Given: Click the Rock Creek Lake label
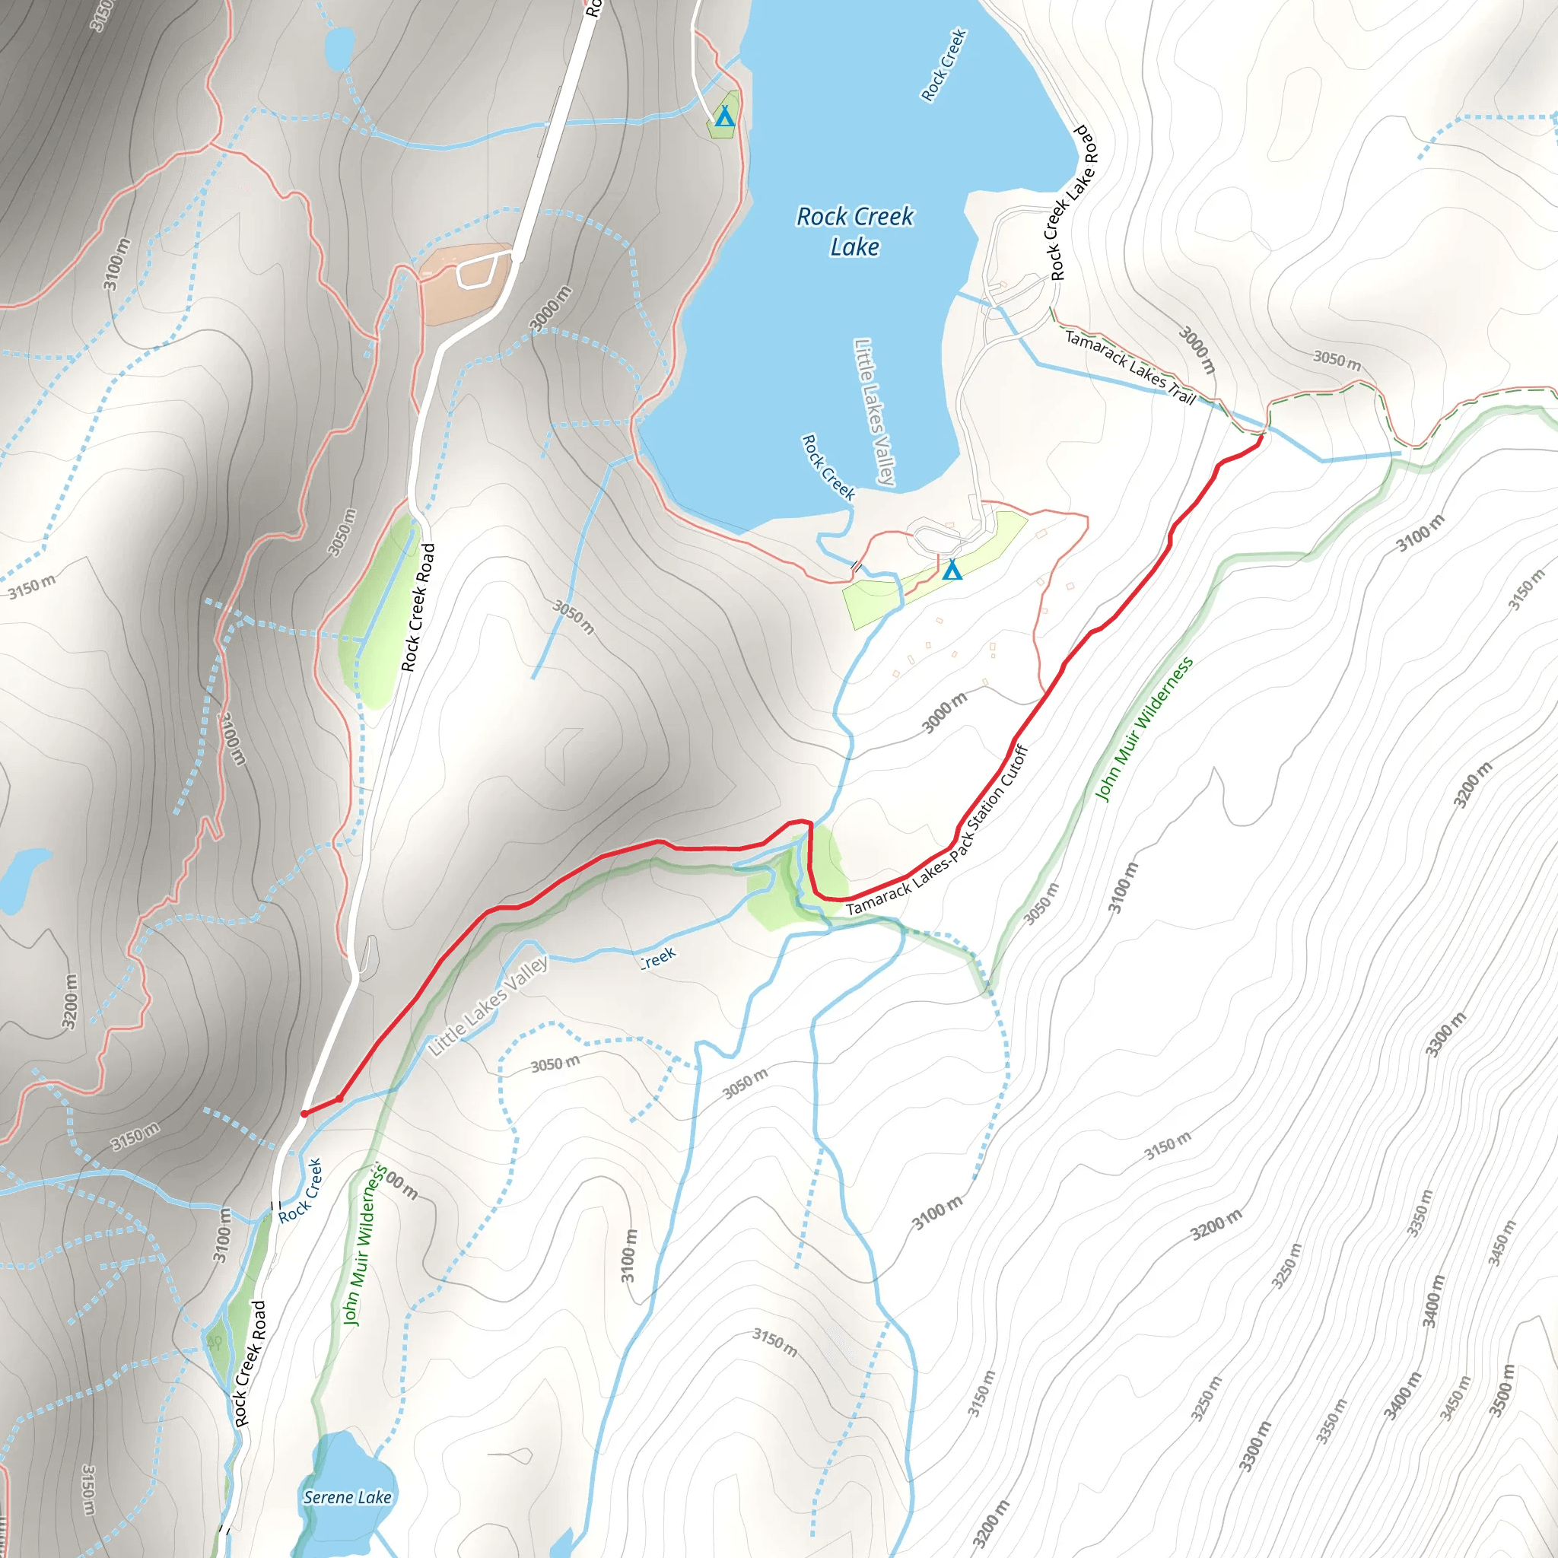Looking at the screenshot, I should point(855,231).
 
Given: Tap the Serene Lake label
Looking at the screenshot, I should point(347,1497).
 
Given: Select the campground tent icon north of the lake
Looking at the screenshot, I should point(724,117).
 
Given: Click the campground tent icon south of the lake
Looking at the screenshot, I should point(952,570).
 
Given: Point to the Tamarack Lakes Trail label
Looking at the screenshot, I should point(1130,367).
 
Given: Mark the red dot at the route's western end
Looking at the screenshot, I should point(304,1114).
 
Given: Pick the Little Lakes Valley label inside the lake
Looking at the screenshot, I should point(874,412).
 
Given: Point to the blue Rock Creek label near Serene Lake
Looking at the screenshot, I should point(300,1191).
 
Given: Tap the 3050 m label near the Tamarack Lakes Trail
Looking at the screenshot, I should point(1337,360).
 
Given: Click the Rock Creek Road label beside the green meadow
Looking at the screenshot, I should point(418,607).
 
